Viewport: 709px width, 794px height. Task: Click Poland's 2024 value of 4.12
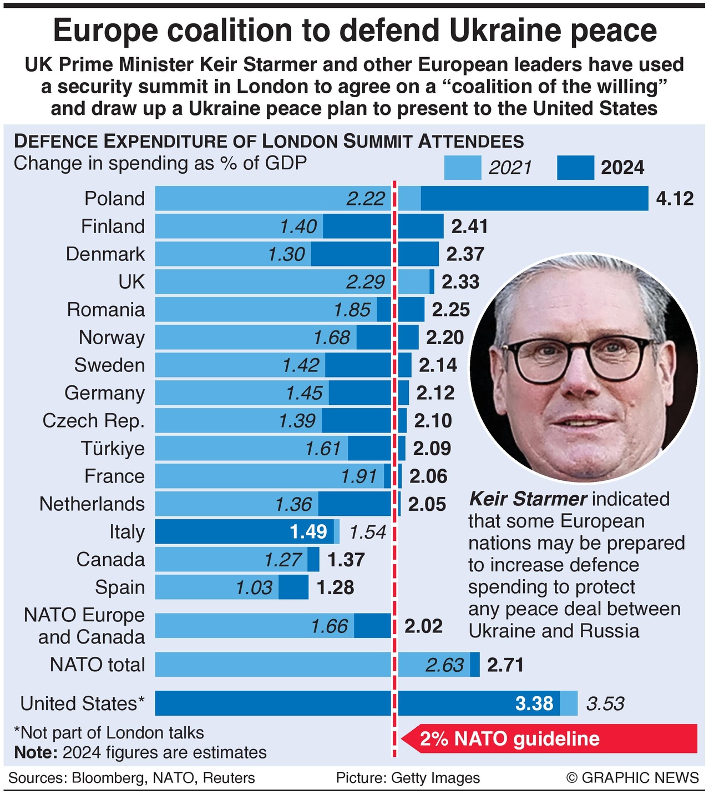click(x=674, y=199)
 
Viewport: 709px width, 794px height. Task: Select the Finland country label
click(x=113, y=227)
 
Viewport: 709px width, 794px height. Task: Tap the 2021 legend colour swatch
click(x=462, y=167)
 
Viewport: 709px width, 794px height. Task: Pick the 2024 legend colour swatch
click(x=575, y=167)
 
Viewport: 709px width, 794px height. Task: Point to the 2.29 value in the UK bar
click(x=365, y=282)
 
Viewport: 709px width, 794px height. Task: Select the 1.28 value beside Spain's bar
click(x=335, y=587)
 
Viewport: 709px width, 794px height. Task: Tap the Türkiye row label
click(x=113, y=449)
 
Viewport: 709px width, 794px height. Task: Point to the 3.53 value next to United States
click(x=605, y=703)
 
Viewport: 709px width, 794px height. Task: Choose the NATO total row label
click(x=97, y=665)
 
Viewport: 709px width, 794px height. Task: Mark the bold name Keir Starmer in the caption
click(x=528, y=499)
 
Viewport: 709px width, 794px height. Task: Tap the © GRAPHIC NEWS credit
click(x=632, y=778)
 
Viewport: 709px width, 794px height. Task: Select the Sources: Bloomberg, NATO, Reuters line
click(x=131, y=778)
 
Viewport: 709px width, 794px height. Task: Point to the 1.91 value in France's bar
click(x=358, y=476)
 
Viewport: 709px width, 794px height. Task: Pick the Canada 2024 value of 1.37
click(x=346, y=560)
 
